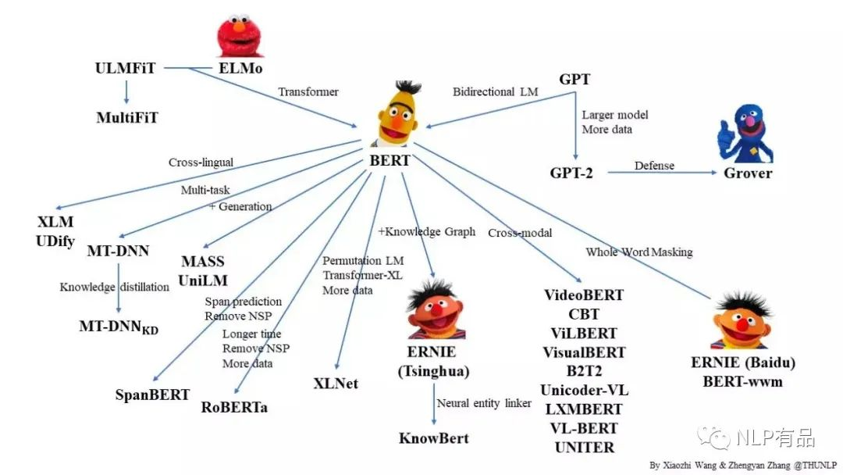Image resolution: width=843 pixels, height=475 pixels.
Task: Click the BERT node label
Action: pyautogui.click(x=389, y=160)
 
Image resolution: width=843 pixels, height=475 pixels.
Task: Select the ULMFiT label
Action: pyautogui.click(x=125, y=68)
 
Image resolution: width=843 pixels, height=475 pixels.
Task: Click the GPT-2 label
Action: pyautogui.click(x=571, y=173)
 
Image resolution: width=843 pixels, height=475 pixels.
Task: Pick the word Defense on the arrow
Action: pyautogui.click(x=653, y=166)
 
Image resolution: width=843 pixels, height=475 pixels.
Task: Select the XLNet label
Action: pyautogui.click(x=335, y=384)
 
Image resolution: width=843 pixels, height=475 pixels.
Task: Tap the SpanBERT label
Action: pyautogui.click(x=152, y=395)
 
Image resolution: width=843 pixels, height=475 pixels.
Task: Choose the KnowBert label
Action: pyautogui.click(x=434, y=437)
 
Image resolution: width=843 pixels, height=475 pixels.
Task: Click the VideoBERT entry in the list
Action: pyautogui.click(x=584, y=295)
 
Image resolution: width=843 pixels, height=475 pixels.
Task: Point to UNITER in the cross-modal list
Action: pyautogui.click(x=585, y=447)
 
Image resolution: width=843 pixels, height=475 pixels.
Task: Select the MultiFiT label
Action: pyautogui.click(x=127, y=118)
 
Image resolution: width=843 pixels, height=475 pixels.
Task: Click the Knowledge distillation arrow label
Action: pyautogui.click(x=115, y=287)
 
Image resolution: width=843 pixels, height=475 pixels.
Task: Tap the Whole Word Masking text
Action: pyautogui.click(x=639, y=252)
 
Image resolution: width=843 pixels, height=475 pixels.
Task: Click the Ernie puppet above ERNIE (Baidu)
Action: pyautogui.click(x=741, y=320)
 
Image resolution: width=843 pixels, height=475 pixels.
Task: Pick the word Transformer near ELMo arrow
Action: pyautogui.click(x=308, y=91)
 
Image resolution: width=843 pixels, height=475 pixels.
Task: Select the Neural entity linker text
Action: pyautogui.click(x=484, y=403)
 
